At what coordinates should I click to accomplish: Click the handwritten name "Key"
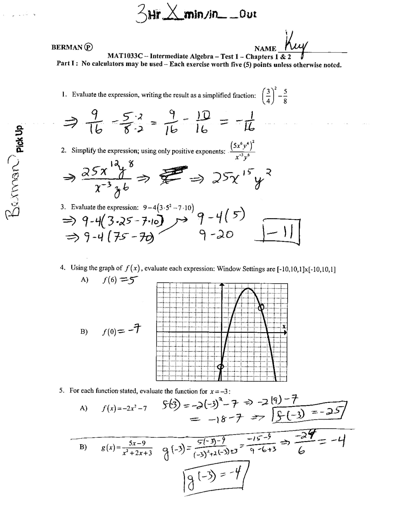pyautogui.click(x=296, y=45)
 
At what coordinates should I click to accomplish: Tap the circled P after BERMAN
pyautogui.click(x=89, y=47)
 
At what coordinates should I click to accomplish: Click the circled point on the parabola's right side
pyautogui.click(x=261, y=307)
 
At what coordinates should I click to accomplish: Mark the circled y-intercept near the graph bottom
pyautogui.click(x=220, y=366)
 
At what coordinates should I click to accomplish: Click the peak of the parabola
pyautogui.click(x=248, y=289)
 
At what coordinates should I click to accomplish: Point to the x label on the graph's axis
pyautogui.click(x=284, y=326)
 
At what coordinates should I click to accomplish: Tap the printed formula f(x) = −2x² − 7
pyautogui.click(x=124, y=408)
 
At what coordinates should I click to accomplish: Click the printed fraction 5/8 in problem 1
pyautogui.click(x=285, y=96)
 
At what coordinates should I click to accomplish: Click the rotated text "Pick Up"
pyautogui.click(x=20, y=139)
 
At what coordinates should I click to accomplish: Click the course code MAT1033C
pyautogui.click(x=125, y=56)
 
